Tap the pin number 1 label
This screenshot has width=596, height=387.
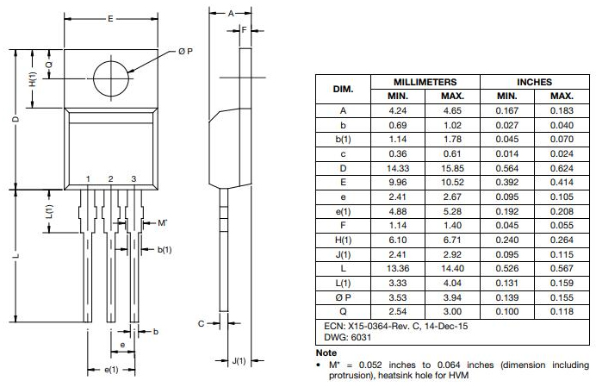pyautogui.click(x=88, y=178)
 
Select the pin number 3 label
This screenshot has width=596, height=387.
pyautogui.click(x=133, y=178)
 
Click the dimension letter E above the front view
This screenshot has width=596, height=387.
pyautogui.click(x=111, y=18)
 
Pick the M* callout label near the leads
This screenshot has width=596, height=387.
pyautogui.click(x=161, y=223)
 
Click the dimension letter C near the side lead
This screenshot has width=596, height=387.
pyautogui.click(x=200, y=324)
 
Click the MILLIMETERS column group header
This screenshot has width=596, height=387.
pyautogui.click(x=425, y=81)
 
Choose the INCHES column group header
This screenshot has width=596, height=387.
pyautogui.click(x=534, y=81)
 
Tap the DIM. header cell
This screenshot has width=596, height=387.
pyautogui.click(x=343, y=89)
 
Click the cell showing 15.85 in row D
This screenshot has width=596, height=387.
pyautogui.click(x=452, y=167)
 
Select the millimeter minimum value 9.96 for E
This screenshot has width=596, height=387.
pyautogui.click(x=397, y=182)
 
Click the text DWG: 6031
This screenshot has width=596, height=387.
pyautogui.click(x=342, y=337)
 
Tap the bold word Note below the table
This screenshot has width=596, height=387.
pyautogui.click(x=326, y=353)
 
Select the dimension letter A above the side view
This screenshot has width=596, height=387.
pyautogui.click(x=231, y=14)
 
